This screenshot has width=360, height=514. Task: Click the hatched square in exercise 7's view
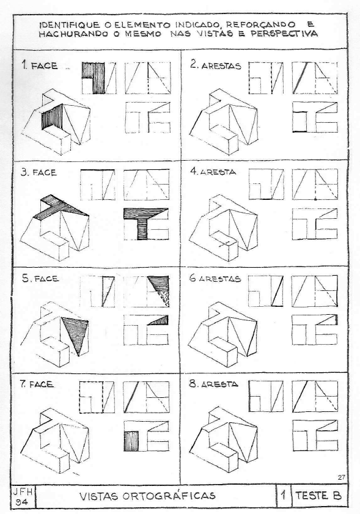[133, 440]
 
